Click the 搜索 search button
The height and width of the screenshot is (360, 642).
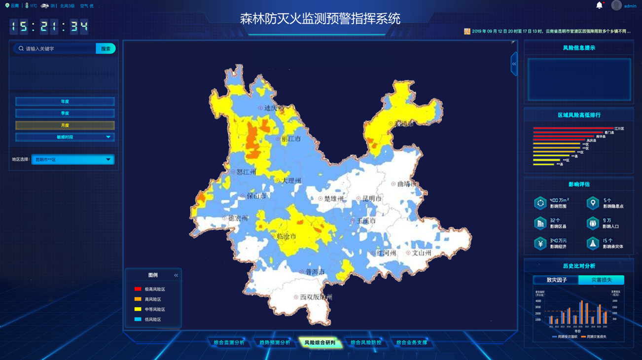106,48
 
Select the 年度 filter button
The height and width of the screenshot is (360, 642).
65,102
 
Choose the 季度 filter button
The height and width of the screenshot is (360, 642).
65,113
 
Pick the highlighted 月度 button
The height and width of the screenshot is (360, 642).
65,125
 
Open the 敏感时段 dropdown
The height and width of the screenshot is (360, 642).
65,137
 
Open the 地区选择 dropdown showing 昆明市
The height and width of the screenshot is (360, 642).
72,159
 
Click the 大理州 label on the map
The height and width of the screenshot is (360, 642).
290,181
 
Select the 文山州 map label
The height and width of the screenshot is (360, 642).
421,253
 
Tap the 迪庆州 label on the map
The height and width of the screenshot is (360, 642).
274,108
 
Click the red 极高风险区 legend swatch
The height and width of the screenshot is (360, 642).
138,289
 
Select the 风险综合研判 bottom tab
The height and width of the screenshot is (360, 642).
320,342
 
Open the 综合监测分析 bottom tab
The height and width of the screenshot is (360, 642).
229,342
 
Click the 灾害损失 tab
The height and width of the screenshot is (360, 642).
601,280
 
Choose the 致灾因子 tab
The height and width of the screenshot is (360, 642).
556,280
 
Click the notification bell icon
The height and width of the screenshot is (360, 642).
599,5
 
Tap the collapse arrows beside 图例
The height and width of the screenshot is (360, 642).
176,275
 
